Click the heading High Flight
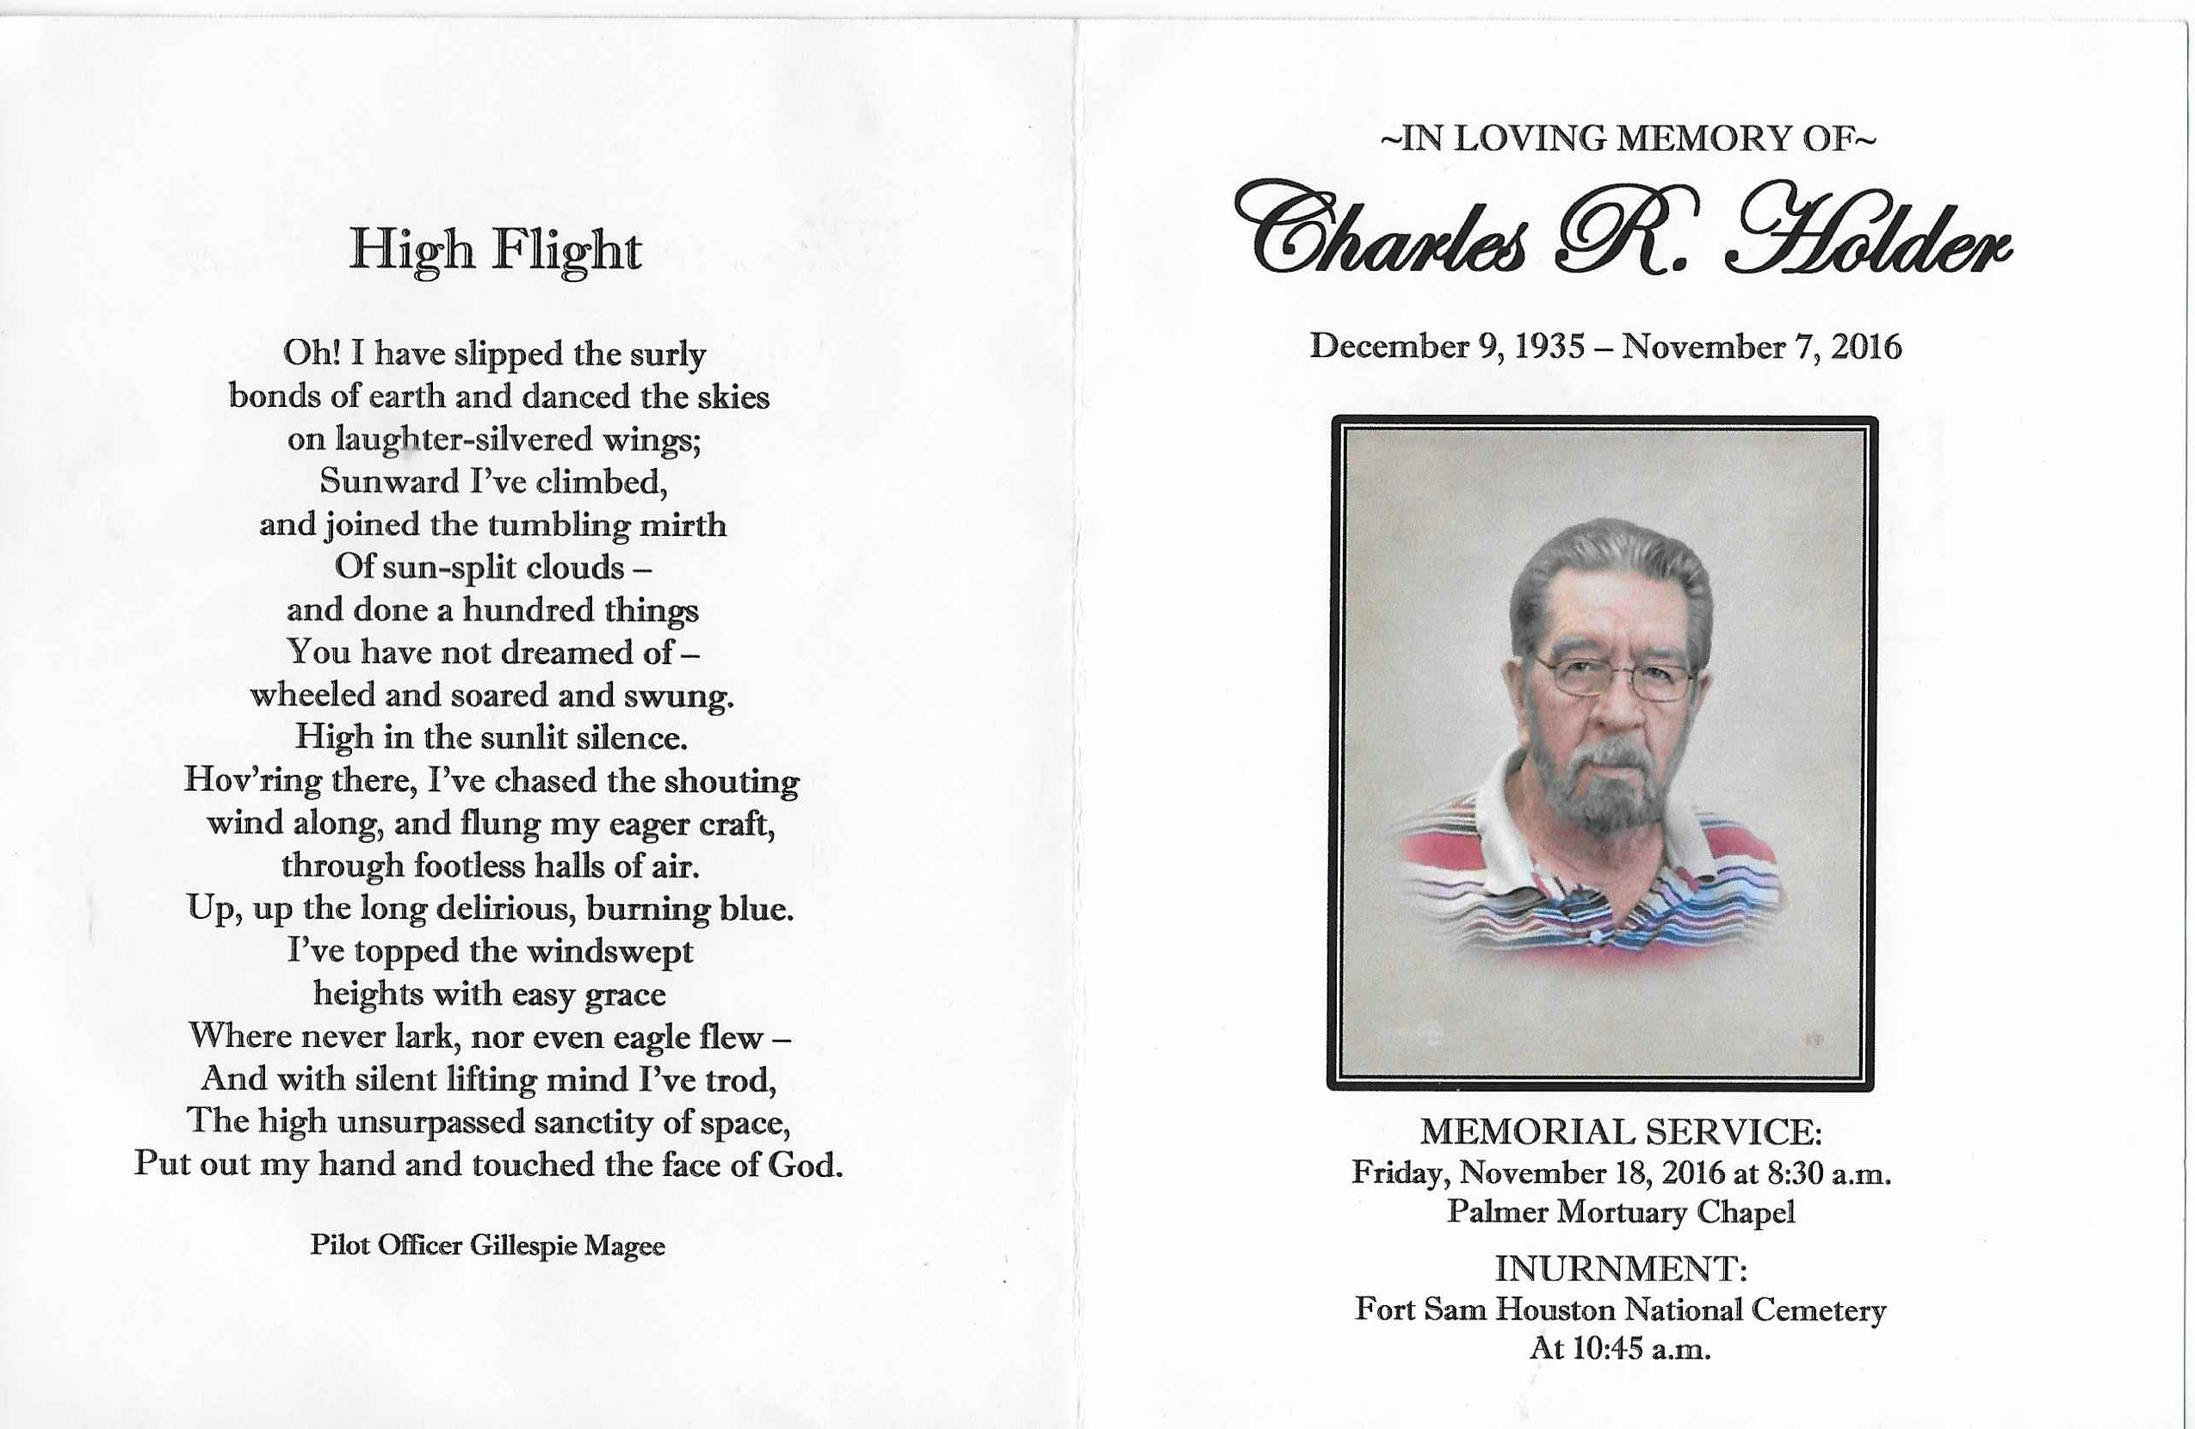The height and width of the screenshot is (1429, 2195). [495, 250]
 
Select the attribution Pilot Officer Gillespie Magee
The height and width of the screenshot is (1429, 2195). [487, 1246]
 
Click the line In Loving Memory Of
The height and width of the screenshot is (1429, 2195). [1627, 139]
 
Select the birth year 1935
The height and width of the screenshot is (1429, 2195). [1549, 347]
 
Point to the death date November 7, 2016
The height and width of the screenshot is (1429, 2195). [1761, 347]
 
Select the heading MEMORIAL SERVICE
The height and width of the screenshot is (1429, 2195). [1620, 1132]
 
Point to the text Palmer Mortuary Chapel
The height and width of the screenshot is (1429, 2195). [1620, 1211]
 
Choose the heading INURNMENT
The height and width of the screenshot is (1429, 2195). [1620, 1270]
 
